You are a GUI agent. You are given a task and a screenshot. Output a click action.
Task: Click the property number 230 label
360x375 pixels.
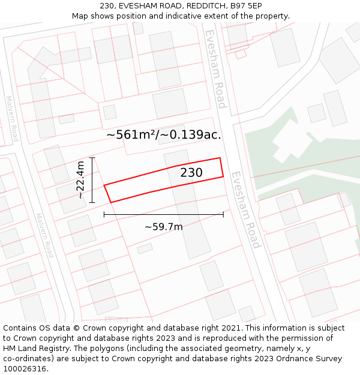[x=191, y=173]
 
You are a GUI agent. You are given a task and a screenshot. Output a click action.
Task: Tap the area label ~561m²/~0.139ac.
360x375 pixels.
[x=164, y=135]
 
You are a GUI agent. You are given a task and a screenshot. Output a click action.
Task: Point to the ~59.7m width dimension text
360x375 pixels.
[x=164, y=227]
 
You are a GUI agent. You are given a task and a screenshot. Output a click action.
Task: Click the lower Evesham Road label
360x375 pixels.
[x=246, y=210]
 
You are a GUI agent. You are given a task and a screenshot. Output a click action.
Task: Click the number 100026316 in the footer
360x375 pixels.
[x=25, y=368]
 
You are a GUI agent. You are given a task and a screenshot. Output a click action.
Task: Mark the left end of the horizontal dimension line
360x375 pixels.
[x=104, y=214]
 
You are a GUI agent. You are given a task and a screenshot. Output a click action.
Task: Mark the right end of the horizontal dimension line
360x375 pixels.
[x=223, y=214]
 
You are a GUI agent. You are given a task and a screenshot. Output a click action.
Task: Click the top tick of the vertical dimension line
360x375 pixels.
[x=92, y=158]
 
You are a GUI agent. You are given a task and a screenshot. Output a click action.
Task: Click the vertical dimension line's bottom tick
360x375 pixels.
[x=92, y=202]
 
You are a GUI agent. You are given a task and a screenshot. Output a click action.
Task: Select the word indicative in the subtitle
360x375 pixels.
[x=183, y=16]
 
